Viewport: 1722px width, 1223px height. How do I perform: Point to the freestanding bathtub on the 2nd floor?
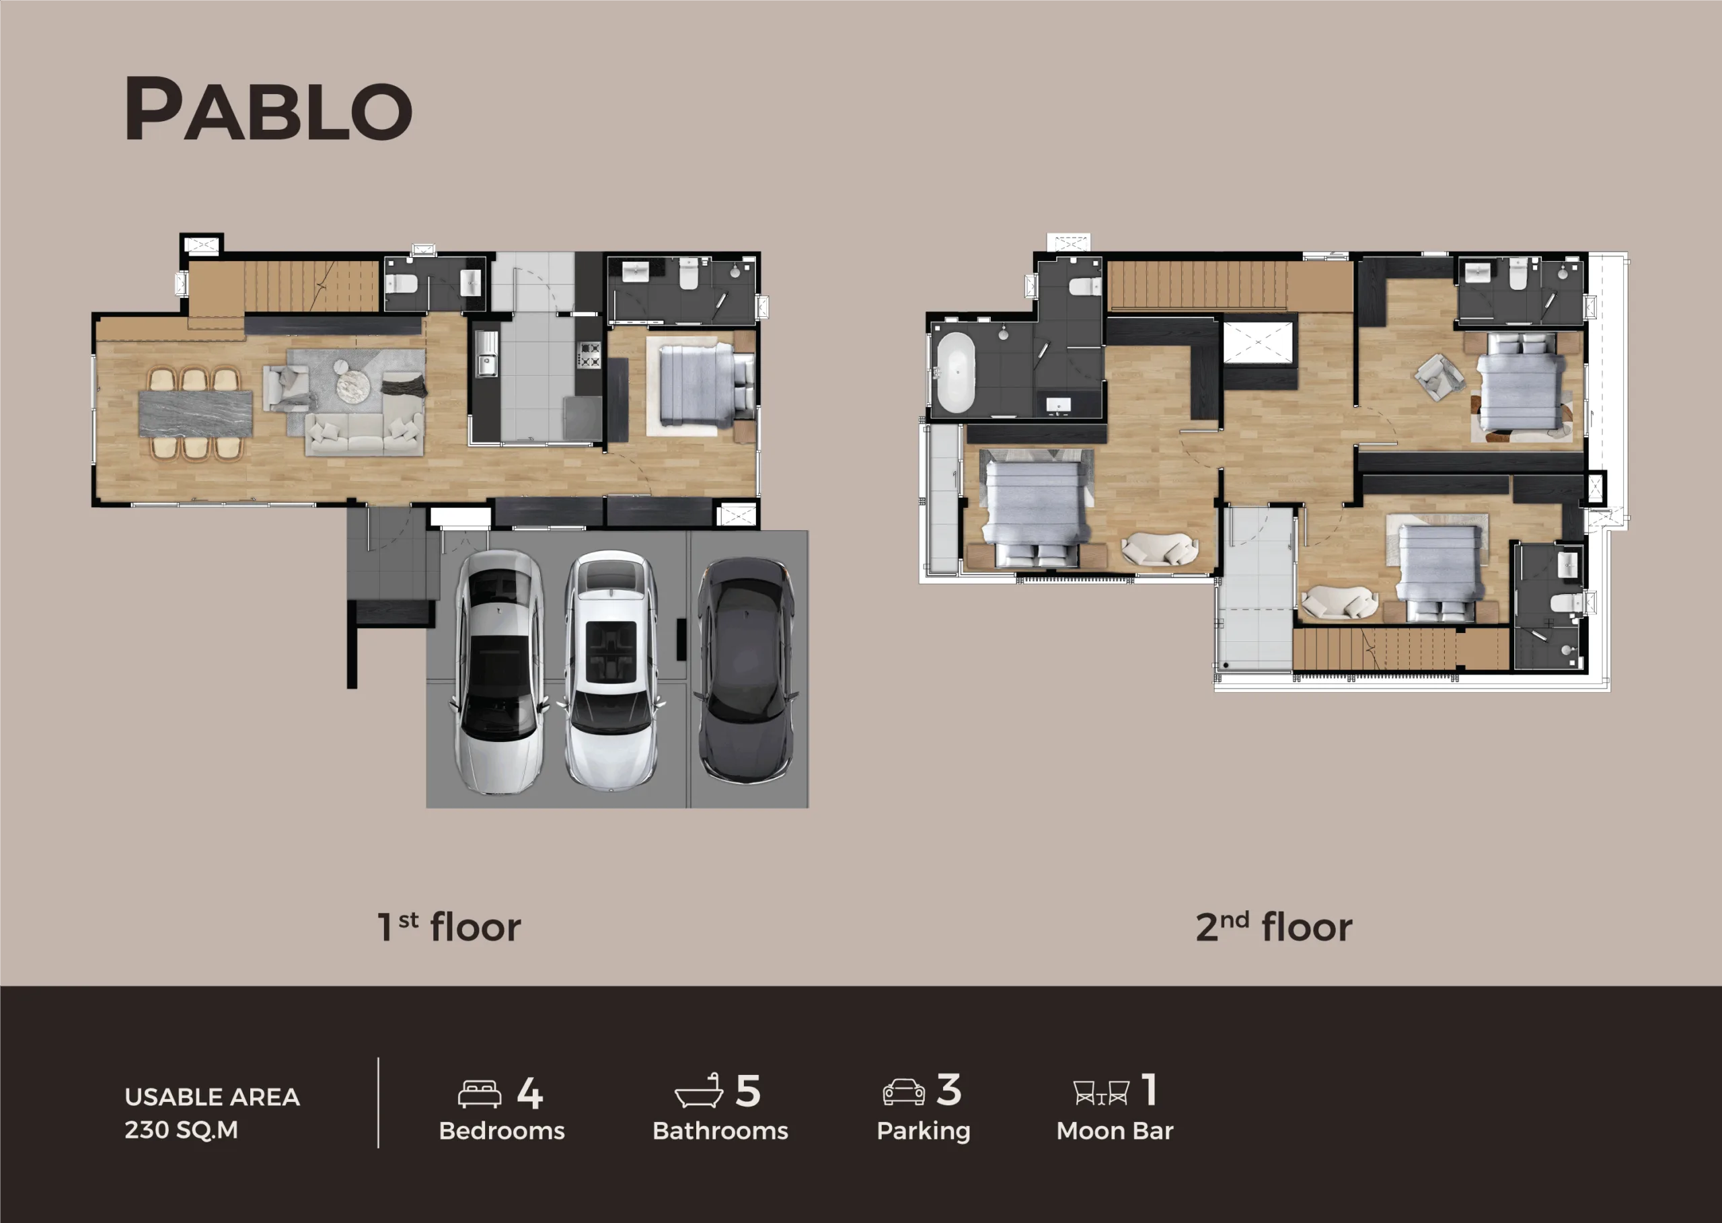pyautogui.click(x=955, y=372)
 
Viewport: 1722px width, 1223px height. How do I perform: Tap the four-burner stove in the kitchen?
pyautogui.click(x=589, y=355)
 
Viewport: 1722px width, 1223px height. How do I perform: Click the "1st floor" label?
pyautogui.click(x=449, y=927)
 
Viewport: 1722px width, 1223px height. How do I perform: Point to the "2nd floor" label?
pyautogui.click(x=1274, y=927)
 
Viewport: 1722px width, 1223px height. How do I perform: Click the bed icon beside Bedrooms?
pyautogui.click(x=480, y=1095)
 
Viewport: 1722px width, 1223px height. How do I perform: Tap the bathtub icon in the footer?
pyautogui.click(x=699, y=1090)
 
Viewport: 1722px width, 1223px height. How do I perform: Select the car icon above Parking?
pyautogui.click(x=903, y=1092)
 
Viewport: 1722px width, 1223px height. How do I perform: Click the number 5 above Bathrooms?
pyautogui.click(x=748, y=1091)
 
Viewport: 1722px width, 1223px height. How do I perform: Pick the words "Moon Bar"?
pyautogui.click(x=1115, y=1130)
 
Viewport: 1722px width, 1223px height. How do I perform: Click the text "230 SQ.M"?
pyautogui.click(x=182, y=1129)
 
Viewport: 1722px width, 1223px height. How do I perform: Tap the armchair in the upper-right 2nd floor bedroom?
pyautogui.click(x=1439, y=377)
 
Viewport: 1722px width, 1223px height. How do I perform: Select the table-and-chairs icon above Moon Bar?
pyautogui.click(x=1101, y=1092)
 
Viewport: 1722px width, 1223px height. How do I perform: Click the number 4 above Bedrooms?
pyautogui.click(x=530, y=1092)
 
